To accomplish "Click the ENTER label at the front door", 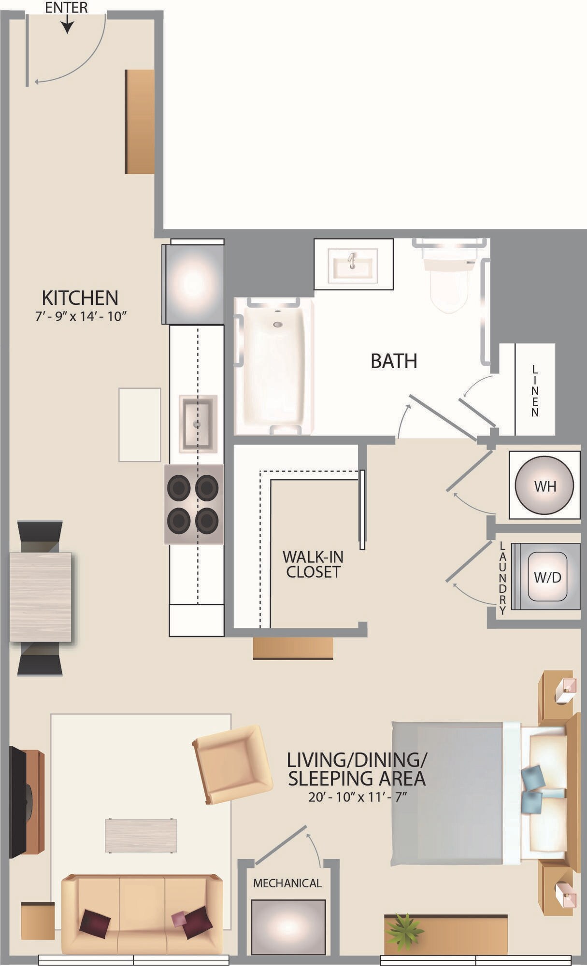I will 66,7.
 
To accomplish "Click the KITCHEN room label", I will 80,298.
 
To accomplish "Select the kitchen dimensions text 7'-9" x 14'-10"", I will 80,317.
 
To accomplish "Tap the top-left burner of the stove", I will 179,487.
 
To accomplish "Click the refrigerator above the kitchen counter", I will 193,284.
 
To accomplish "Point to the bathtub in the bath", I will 274,366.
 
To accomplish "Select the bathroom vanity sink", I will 353,265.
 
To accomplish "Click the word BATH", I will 394,361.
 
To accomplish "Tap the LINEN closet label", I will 535,391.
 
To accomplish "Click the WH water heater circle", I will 544,485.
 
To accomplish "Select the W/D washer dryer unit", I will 547,576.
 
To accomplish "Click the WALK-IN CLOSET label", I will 313,564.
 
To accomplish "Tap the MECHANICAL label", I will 287,883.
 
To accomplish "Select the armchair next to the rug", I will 232,764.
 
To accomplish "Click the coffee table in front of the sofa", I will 141,835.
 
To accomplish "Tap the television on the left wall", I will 19,802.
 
